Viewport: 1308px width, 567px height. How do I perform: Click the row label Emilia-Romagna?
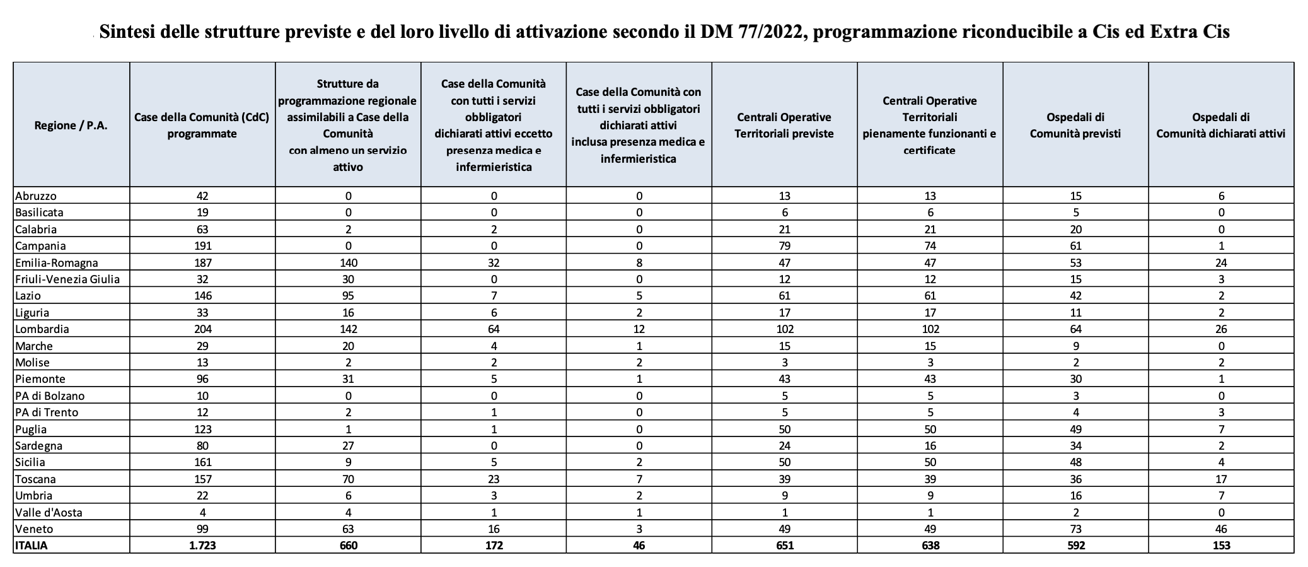(x=56, y=262)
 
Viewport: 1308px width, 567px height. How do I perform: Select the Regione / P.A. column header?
(x=71, y=125)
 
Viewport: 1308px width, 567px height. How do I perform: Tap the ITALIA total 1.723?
(x=202, y=546)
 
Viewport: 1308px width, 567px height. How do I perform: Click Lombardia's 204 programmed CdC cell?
(x=202, y=329)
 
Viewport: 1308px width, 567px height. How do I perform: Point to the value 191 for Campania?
(x=202, y=246)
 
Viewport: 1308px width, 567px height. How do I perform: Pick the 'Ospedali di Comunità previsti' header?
(x=1075, y=125)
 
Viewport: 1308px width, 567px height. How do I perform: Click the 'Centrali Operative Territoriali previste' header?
(x=784, y=125)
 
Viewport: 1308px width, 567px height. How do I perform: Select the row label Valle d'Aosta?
(x=49, y=512)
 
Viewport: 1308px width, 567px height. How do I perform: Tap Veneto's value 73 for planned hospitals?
(x=1075, y=529)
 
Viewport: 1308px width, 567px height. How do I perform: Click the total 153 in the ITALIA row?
(x=1221, y=546)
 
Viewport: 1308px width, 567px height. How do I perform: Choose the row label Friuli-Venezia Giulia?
(x=67, y=279)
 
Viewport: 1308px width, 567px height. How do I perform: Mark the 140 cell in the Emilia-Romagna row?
(x=348, y=262)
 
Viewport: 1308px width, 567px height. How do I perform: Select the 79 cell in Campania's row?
(x=784, y=246)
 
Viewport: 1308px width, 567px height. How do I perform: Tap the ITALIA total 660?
(x=348, y=546)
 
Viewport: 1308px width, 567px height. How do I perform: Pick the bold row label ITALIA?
(x=31, y=546)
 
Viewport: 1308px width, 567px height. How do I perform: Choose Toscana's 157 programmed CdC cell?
(x=202, y=479)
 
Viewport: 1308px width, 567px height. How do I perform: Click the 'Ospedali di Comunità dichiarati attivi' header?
(x=1221, y=125)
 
